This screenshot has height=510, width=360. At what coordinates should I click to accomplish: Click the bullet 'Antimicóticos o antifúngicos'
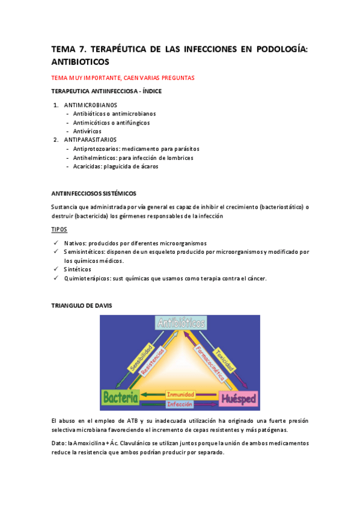click(111, 122)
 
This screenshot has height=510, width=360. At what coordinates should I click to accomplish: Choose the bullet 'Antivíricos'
click(87, 131)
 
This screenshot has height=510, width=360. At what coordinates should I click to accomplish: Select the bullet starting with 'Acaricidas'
click(115, 166)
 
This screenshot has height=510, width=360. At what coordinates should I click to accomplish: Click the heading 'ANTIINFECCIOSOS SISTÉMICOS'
click(94, 193)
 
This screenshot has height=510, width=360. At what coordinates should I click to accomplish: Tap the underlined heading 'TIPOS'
click(60, 230)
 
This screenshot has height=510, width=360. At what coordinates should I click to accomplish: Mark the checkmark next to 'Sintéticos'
click(55, 269)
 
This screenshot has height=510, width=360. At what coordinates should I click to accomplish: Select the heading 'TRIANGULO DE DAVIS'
click(82, 306)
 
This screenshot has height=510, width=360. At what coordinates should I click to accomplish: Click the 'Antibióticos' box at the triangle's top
click(180, 324)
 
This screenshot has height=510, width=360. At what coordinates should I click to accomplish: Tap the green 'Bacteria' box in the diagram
click(120, 398)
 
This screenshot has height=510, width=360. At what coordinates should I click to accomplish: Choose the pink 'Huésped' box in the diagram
click(240, 398)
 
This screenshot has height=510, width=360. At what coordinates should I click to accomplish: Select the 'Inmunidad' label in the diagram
click(180, 395)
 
